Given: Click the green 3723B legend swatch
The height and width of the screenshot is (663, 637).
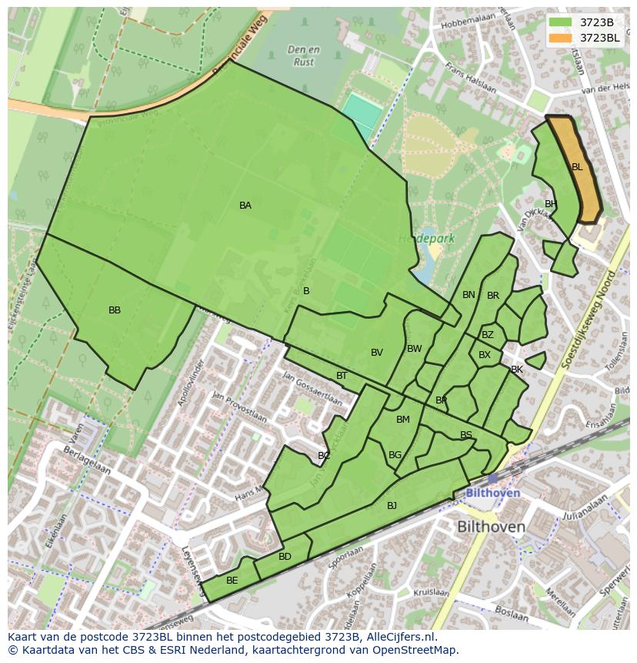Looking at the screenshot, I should tap(561, 22).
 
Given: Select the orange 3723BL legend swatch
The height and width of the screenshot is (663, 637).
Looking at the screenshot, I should tap(561, 37).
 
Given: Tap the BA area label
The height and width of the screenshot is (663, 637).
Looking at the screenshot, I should tap(245, 206).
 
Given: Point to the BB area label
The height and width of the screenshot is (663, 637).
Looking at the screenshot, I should tap(115, 310).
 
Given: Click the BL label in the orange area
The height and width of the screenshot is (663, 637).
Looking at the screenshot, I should tap(577, 166).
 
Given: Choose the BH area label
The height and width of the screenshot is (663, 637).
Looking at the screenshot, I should tap(550, 204).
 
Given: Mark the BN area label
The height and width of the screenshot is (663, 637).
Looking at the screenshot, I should tap(469, 295).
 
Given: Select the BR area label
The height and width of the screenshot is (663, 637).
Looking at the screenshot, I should tap(493, 296).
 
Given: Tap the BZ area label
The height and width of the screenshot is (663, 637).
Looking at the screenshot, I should tap(488, 335).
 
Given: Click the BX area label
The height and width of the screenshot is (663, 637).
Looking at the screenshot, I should tap(485, 355).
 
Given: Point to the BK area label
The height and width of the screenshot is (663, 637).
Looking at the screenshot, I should tap(517, 370).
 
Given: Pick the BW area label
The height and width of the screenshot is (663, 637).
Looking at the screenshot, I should tap(415, 349).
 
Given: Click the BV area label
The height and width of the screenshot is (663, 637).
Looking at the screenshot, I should tap(377, 353).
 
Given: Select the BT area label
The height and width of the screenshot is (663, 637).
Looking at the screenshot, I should tap(342, 376).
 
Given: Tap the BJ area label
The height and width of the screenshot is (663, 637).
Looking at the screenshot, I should tap(392, 506).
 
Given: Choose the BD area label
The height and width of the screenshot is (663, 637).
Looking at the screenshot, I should tap(285, 557).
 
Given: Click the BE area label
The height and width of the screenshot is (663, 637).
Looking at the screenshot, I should tap(232, 581).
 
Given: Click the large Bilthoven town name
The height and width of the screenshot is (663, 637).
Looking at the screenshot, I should tap(491, 527).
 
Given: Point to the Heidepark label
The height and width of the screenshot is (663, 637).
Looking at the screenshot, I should tap(426, 239).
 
